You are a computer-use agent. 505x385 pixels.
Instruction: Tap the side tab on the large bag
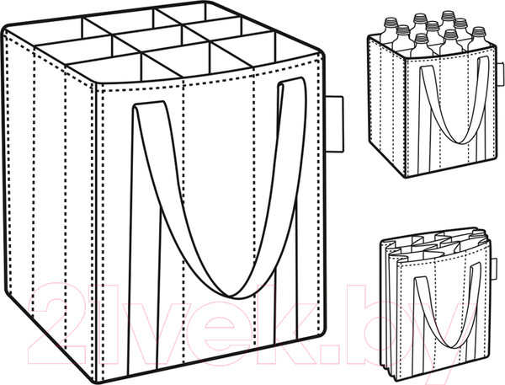click(x=335, y=124)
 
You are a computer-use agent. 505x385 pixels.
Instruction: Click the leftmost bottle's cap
click(x=390, y=23)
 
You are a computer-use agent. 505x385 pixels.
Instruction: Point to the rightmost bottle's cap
click(x=479, y=32)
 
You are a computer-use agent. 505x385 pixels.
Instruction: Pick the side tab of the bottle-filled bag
click(x=500, y=74)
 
